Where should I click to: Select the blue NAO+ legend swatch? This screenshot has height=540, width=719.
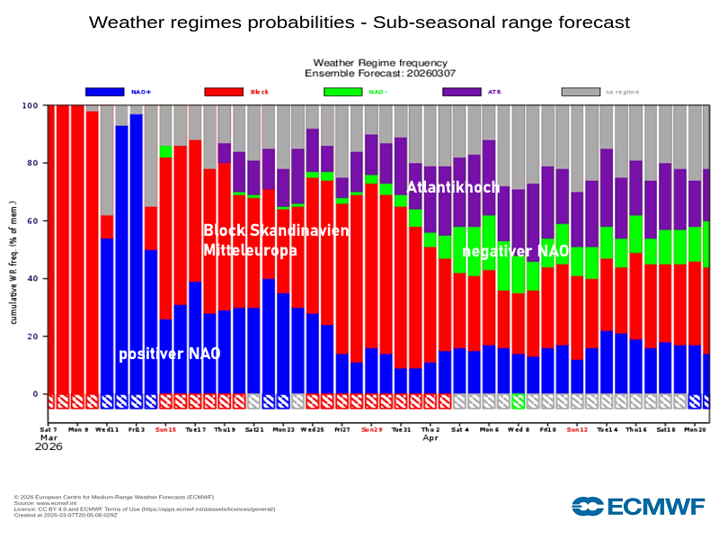pyautogui.click(x=105, y=92)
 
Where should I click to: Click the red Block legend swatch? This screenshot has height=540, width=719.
pyautogui.click(x=224, y=92)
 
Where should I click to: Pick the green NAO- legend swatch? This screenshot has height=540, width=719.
pyautogui.click(x=342, y=92)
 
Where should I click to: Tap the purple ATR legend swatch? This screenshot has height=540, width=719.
pyautogui.click(x=462, y=92)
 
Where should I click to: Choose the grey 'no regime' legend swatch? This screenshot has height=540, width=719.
pyautogui.click(x=581, y=92)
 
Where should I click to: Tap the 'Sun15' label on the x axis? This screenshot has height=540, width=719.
pyautogui.click(x=165, y=430)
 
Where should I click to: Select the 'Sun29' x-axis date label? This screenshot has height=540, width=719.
pyautogui.click(x=371, y=430)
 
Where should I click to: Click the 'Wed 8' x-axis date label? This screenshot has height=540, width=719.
pyautogui.click(x=519, y=430)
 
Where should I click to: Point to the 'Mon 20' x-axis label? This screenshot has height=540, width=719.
pyautogui.click(x=695, y=430)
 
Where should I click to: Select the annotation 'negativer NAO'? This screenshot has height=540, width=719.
pyautogui.click(x=515, y=251)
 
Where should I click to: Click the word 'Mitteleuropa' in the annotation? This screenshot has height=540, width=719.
pyautogui.click(x=250, y=250)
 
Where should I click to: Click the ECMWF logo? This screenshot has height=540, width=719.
pyautogui.click(x=638, y=506)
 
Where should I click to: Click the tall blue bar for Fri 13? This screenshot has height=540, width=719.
pyautogui.click(x=137, y=252)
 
